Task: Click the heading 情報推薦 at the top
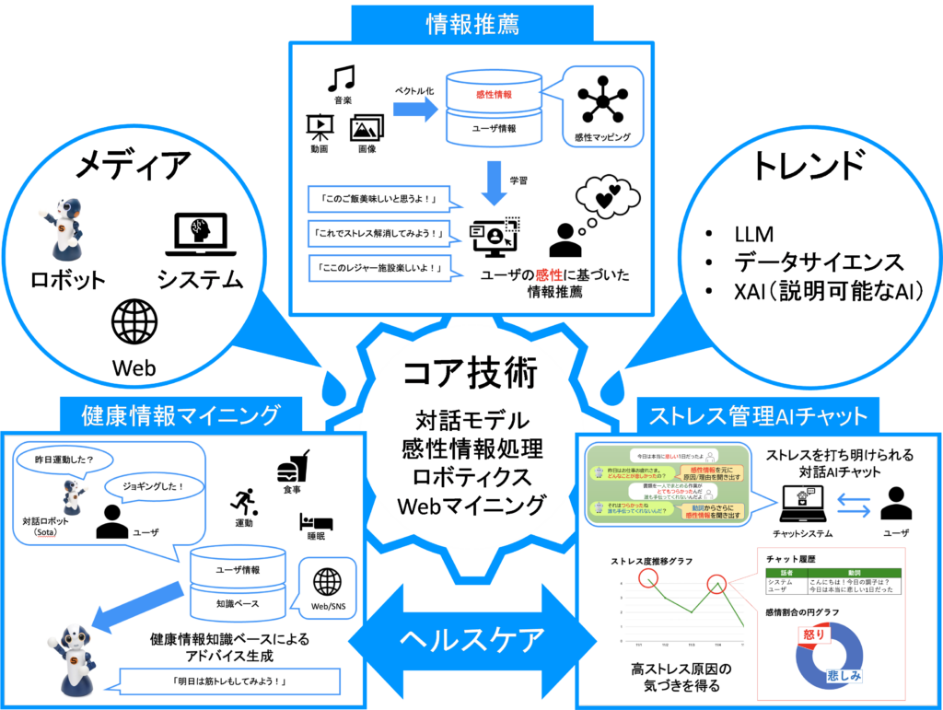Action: (x=471, y=23)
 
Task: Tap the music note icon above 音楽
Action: (x=341, y=77)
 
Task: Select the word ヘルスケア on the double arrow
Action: (x=471, y=638)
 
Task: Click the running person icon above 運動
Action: (x=244, y=502)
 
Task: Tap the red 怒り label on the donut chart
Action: (x=814, y=634)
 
